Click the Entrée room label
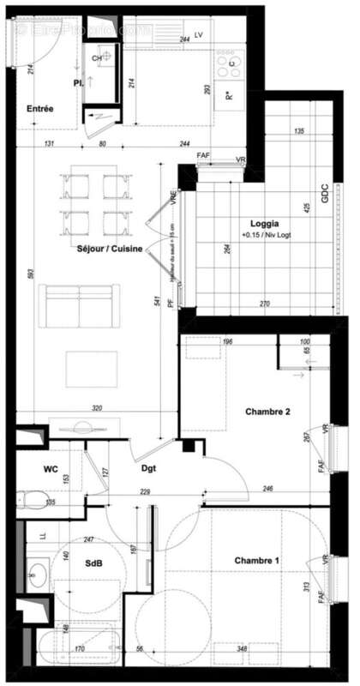click(x=40, y=110)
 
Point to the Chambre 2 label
click(x=268, y=412)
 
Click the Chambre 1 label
click(x=258, y=561)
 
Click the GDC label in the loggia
click(x=325, y=195)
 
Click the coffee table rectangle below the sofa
click(x=92, y=366)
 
